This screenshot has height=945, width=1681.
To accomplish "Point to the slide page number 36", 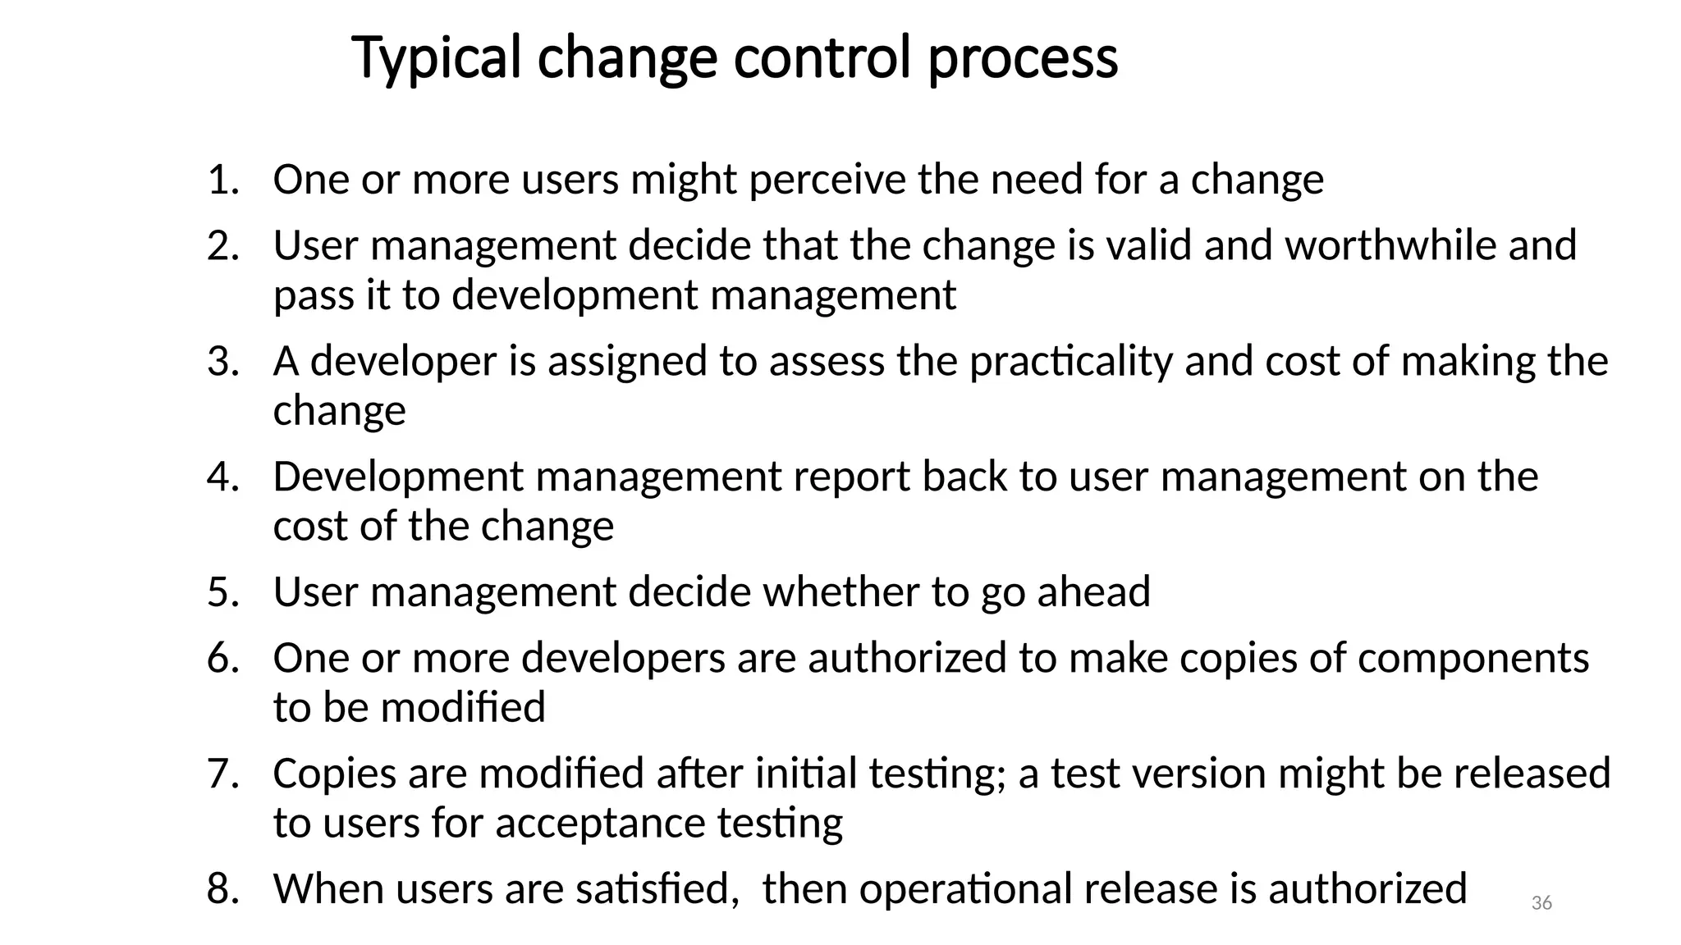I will (x=1541, y=903).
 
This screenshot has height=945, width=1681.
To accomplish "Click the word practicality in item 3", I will (x=1071, y=361).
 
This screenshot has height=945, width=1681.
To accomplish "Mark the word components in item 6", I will (x=1473, y=658).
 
